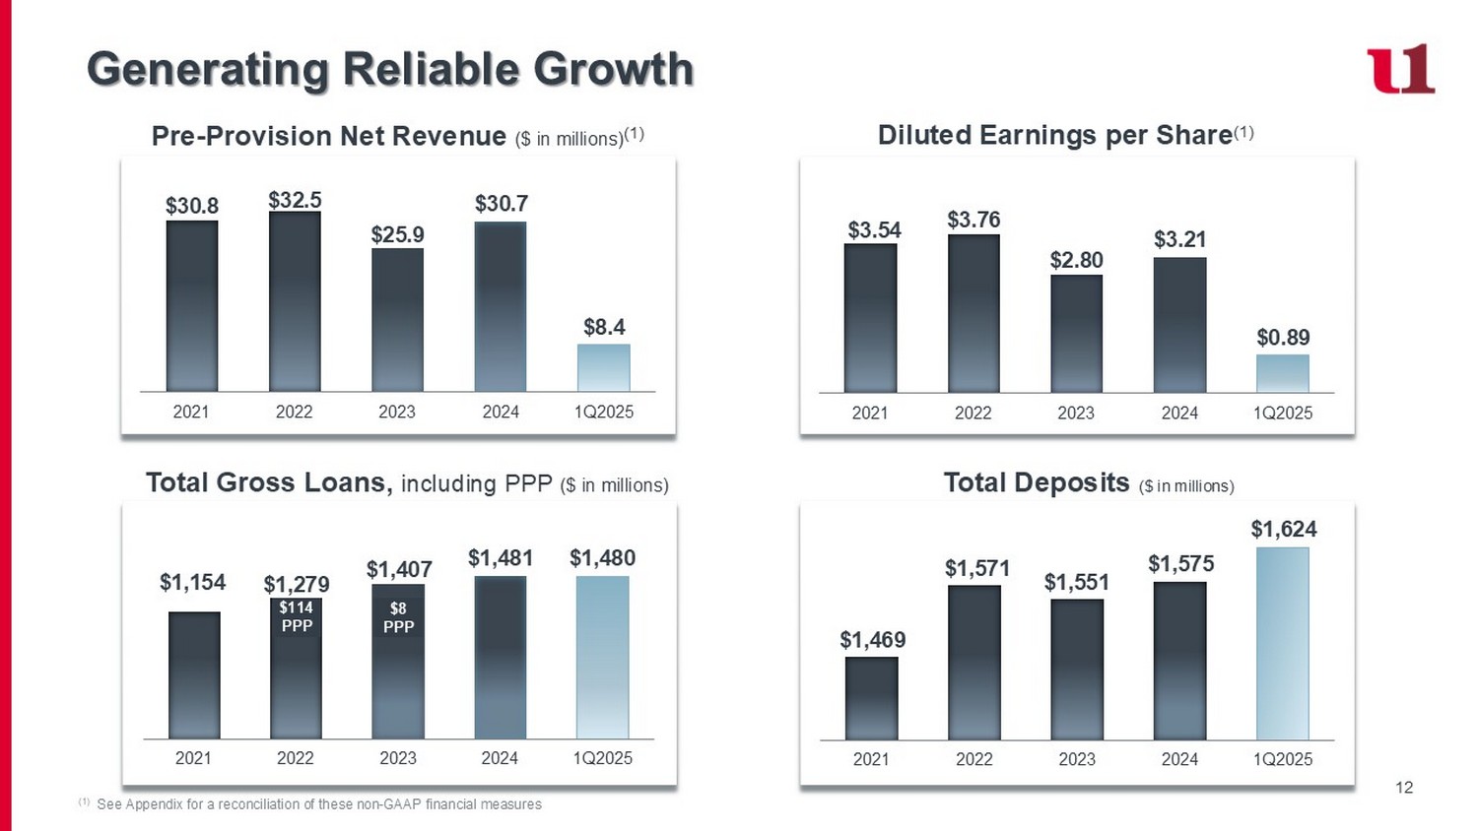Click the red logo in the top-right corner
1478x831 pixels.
click(1400, 69)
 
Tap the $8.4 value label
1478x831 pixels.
click(604, 327)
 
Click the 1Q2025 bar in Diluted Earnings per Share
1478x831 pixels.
click(1282, 374)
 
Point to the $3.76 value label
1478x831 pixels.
click(974, 220)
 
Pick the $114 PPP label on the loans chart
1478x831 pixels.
click(296, 616)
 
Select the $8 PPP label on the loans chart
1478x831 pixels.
click(398, 617)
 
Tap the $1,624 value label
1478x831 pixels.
click(1283, 530)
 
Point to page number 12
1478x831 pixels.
click(1404, 787)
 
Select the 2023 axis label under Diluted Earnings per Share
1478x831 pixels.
click(1076, 413)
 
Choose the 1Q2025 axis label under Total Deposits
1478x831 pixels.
click(1283, 759)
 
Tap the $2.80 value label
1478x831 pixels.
click(1076, 260)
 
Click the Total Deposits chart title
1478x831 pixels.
click(1036, 482)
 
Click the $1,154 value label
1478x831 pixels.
click(193, 582)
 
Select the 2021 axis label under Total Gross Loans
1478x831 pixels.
click(193, 758)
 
